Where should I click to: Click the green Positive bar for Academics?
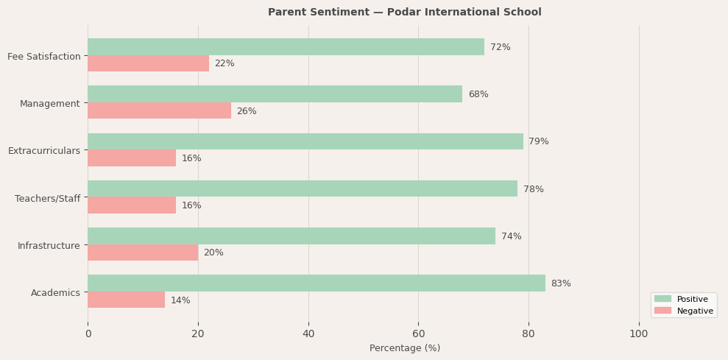(x=317, y=283)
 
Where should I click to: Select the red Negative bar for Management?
(x=159, y=111)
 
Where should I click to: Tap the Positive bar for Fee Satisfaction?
(x=286, y=47)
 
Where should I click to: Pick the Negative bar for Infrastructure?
(x=143, y=253)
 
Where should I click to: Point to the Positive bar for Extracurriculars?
(x=305, y=141)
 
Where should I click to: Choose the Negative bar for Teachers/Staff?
(x=132, y=205)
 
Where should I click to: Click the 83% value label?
(x=561, y=283)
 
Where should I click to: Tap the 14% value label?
(x=180, y=300)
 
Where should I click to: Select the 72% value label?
(x=501, y=47)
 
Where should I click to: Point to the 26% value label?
(x=247, y=111)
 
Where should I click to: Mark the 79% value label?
(x=539, y=141)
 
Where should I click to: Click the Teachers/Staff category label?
(x=48, y=199)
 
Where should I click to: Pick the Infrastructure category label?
(x=49, y=246)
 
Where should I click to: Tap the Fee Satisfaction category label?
(x=44, y=57)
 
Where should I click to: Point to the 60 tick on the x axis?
(x=418, y=334)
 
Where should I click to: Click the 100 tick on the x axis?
(x=639, y=334)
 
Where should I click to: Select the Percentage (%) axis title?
(x=405, y=348)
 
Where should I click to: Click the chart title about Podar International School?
(x=405, y=13)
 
